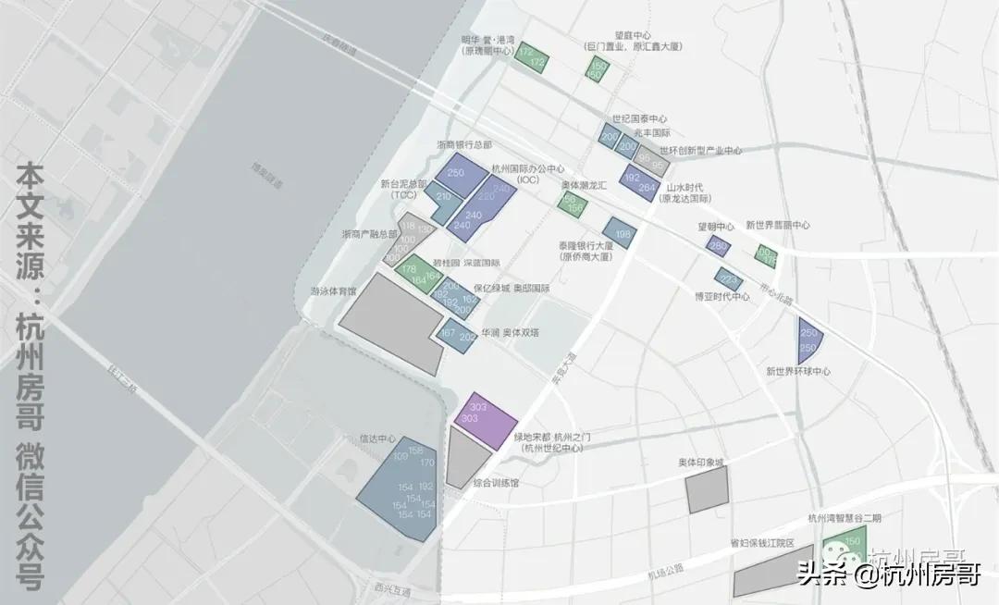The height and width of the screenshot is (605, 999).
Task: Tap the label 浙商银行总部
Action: pos(463,145)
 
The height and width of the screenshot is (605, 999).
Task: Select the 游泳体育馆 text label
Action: pos(332,290)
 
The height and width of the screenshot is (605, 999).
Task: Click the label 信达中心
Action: pos(377,438)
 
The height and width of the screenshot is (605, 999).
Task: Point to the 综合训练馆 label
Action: pos(496,483)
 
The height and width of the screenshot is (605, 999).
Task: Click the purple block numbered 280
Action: pos(718,246)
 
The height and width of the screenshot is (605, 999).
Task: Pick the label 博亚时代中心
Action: pos(722,297)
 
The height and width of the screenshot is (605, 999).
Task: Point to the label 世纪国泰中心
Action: pos(639,119)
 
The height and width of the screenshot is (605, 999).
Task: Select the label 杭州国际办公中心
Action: pos(528,168)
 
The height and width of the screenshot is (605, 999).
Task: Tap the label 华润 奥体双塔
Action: pos(509,332)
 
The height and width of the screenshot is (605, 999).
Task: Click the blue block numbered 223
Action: pos(729,278)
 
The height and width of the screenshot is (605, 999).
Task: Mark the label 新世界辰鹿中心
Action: pos(778,225)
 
